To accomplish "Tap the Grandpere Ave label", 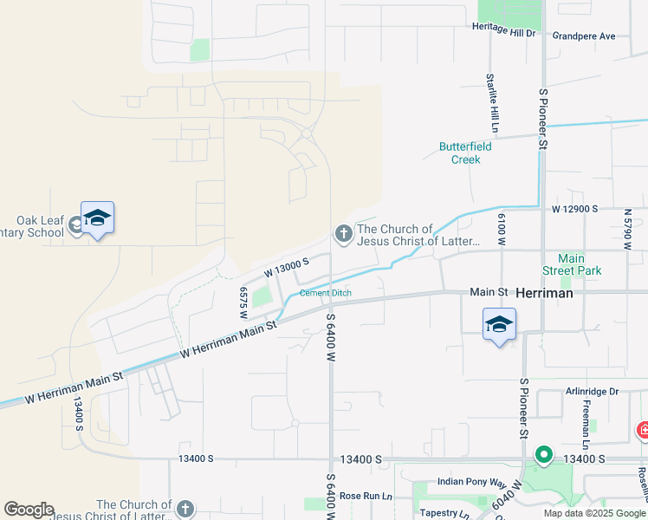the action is [x=583, y=36].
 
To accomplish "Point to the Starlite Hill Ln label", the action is [x=492, y=102].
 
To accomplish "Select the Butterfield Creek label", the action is [x=465, y=153].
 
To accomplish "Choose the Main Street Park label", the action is [x=578, y=264].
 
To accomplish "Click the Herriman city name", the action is [x=544, y=294].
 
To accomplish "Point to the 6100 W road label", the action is [x=502, y=230].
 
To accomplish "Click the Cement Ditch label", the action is [x=326, y=293].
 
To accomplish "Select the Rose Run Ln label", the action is [x=366, y=496].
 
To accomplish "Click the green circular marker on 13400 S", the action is [x=543, y=454].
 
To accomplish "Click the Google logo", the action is [x=29, y=510].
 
